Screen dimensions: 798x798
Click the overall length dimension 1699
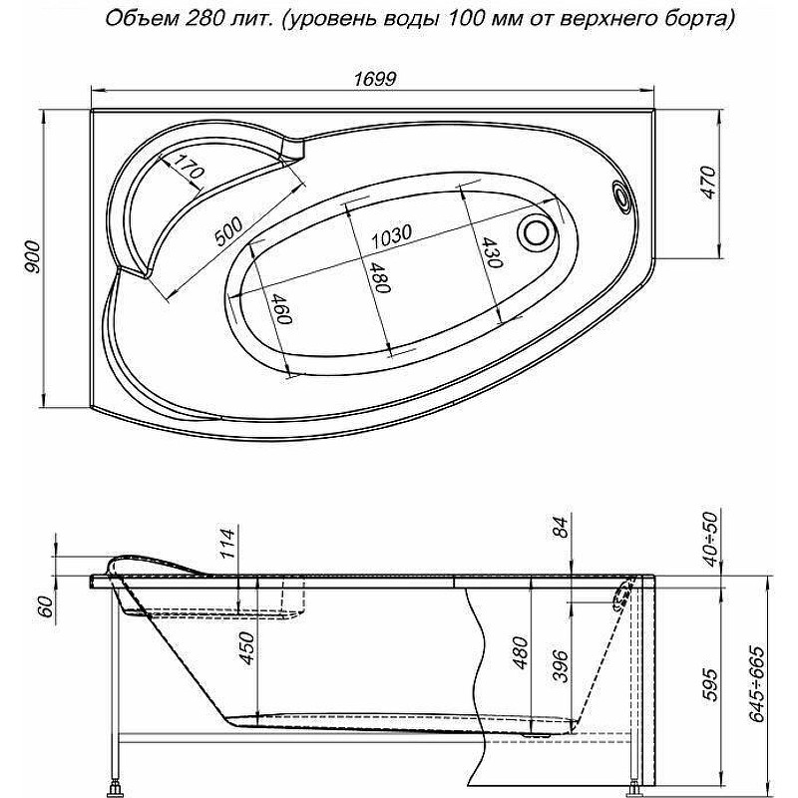pyautogui.click(x=374, y=79)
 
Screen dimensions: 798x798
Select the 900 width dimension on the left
pyautogui.click(x=33, y=256)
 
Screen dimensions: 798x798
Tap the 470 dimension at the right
pyautogui.click(x=708, y=183)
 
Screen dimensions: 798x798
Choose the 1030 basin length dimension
pyautogui.click(x=390, y=235)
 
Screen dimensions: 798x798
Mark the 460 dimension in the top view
pyautogui.click(x=281, y=309)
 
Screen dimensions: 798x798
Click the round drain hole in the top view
pyautogui.click(x=536, y=232)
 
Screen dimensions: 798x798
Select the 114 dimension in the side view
pyautogui.click(x=229, y=544)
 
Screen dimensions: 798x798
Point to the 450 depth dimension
pyautogui.click(x=247, y=648)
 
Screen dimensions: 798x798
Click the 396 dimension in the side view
pyautogui.click(x=561, y=666)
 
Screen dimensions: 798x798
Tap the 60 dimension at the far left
pyautogui.click(x=46, y=607)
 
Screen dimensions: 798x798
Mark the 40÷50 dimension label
pyautogui.click(x=712, y=540)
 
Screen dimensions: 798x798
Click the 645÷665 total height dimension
pyautogui.click(x=759, y=684)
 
